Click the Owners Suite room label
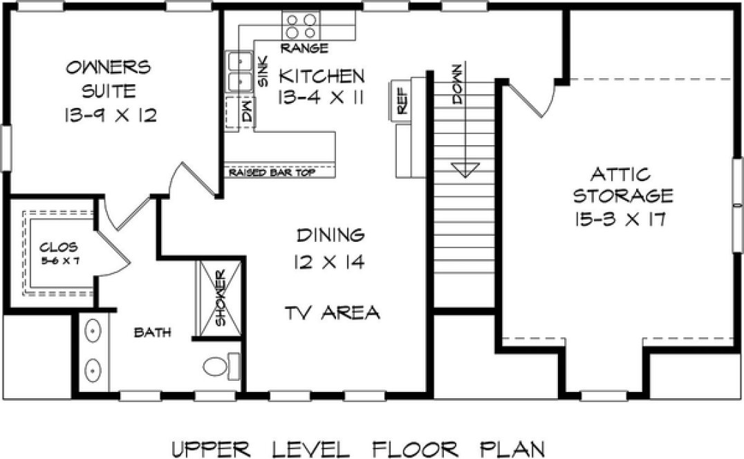tap(108, 79)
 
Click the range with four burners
tap(301, 26)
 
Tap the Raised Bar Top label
tap(271, 172)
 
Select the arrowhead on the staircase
tap(465, 169)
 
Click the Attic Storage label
tap(623, 182)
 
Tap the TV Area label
tap(333, 312)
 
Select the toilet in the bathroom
tap(220, 366)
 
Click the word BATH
tap(152, 334)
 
